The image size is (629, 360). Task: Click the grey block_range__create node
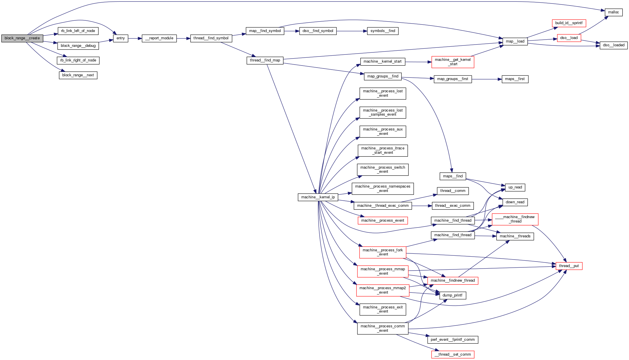[22, 38]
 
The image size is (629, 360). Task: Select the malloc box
[613, 12]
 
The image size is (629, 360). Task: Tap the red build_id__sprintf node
[569, 23]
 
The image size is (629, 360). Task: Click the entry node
[121, 38]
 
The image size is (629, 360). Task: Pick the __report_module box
[159, 38]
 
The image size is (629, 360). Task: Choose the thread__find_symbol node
[211, 38]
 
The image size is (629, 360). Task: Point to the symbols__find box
[383, 31]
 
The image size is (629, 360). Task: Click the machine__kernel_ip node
[318, 197]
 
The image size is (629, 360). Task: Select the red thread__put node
[569, 266]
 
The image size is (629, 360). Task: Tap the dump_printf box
[452, 295]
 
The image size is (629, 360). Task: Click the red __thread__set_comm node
[453, 354]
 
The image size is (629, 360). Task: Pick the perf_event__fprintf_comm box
[453, 340]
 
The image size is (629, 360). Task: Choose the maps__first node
[515, 79]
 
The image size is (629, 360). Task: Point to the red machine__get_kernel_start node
[453, 62]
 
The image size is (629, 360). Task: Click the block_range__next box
[78, 75]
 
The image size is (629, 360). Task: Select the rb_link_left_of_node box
[78, 31]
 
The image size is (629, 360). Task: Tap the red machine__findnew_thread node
[453, 280]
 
